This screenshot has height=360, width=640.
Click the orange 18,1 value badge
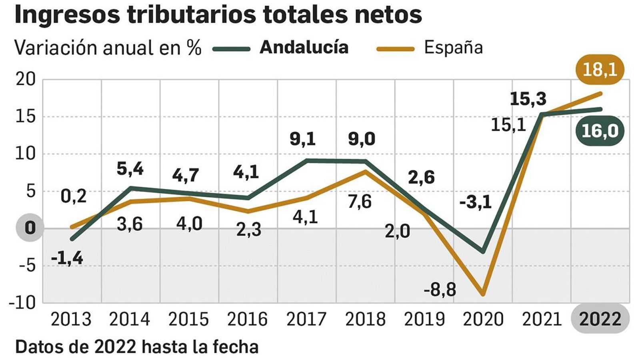(x=600, y=70)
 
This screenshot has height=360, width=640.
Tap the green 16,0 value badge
(x=600, y=131)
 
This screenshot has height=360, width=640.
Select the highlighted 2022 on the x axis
(x=600, y=319)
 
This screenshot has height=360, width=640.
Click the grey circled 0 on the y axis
(x=30, y=228)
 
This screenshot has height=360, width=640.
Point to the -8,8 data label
(x=440, y=289)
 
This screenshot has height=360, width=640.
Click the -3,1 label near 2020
(x=475, y=202)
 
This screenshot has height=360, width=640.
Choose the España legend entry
(x=453, y=47)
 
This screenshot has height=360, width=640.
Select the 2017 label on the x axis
(x=306, y=319)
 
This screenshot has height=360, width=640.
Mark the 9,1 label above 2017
(x=303, y=139)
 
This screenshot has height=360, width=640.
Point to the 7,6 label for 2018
(x=359, y=201)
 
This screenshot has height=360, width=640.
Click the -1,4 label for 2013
(x=67, y=258)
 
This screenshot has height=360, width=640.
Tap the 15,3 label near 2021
(x=528, y=99)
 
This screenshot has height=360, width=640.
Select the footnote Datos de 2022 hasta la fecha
(x=137, y=347)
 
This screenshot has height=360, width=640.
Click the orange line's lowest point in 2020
(x=483, y=294)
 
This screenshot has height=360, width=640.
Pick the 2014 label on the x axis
(x=130, y=319)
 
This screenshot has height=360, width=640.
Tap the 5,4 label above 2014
(x=130, y=169)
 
